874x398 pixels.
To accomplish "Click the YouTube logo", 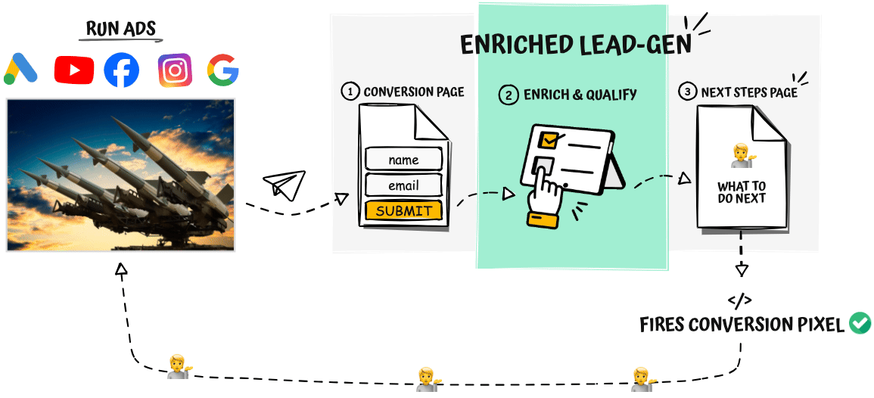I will [x=74, y=70].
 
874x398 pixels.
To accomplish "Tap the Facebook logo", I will [x=121, y=70].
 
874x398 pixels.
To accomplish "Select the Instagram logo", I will [x=175, y=70].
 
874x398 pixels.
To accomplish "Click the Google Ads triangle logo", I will [x=20, y=70].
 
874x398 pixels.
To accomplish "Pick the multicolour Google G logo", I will [x=222, y=70].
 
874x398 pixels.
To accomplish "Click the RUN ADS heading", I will [x=121, y=30].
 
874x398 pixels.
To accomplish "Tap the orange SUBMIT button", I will [x=403, y=211].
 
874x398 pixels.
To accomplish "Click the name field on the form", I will [x=403, y=160].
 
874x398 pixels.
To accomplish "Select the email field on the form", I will [x=403, y=185].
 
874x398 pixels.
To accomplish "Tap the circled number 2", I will [x=508, y=95].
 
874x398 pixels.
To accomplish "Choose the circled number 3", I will [x=686, y=92].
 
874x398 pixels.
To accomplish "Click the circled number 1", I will [x=350, y=92].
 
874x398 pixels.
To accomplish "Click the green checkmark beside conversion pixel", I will [x=860, y=324].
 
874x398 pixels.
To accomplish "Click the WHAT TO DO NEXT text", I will [x=742, y=192].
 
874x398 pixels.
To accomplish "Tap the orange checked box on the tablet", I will [x=548, y=140].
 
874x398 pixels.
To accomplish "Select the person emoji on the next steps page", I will [x=742, y=155].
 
